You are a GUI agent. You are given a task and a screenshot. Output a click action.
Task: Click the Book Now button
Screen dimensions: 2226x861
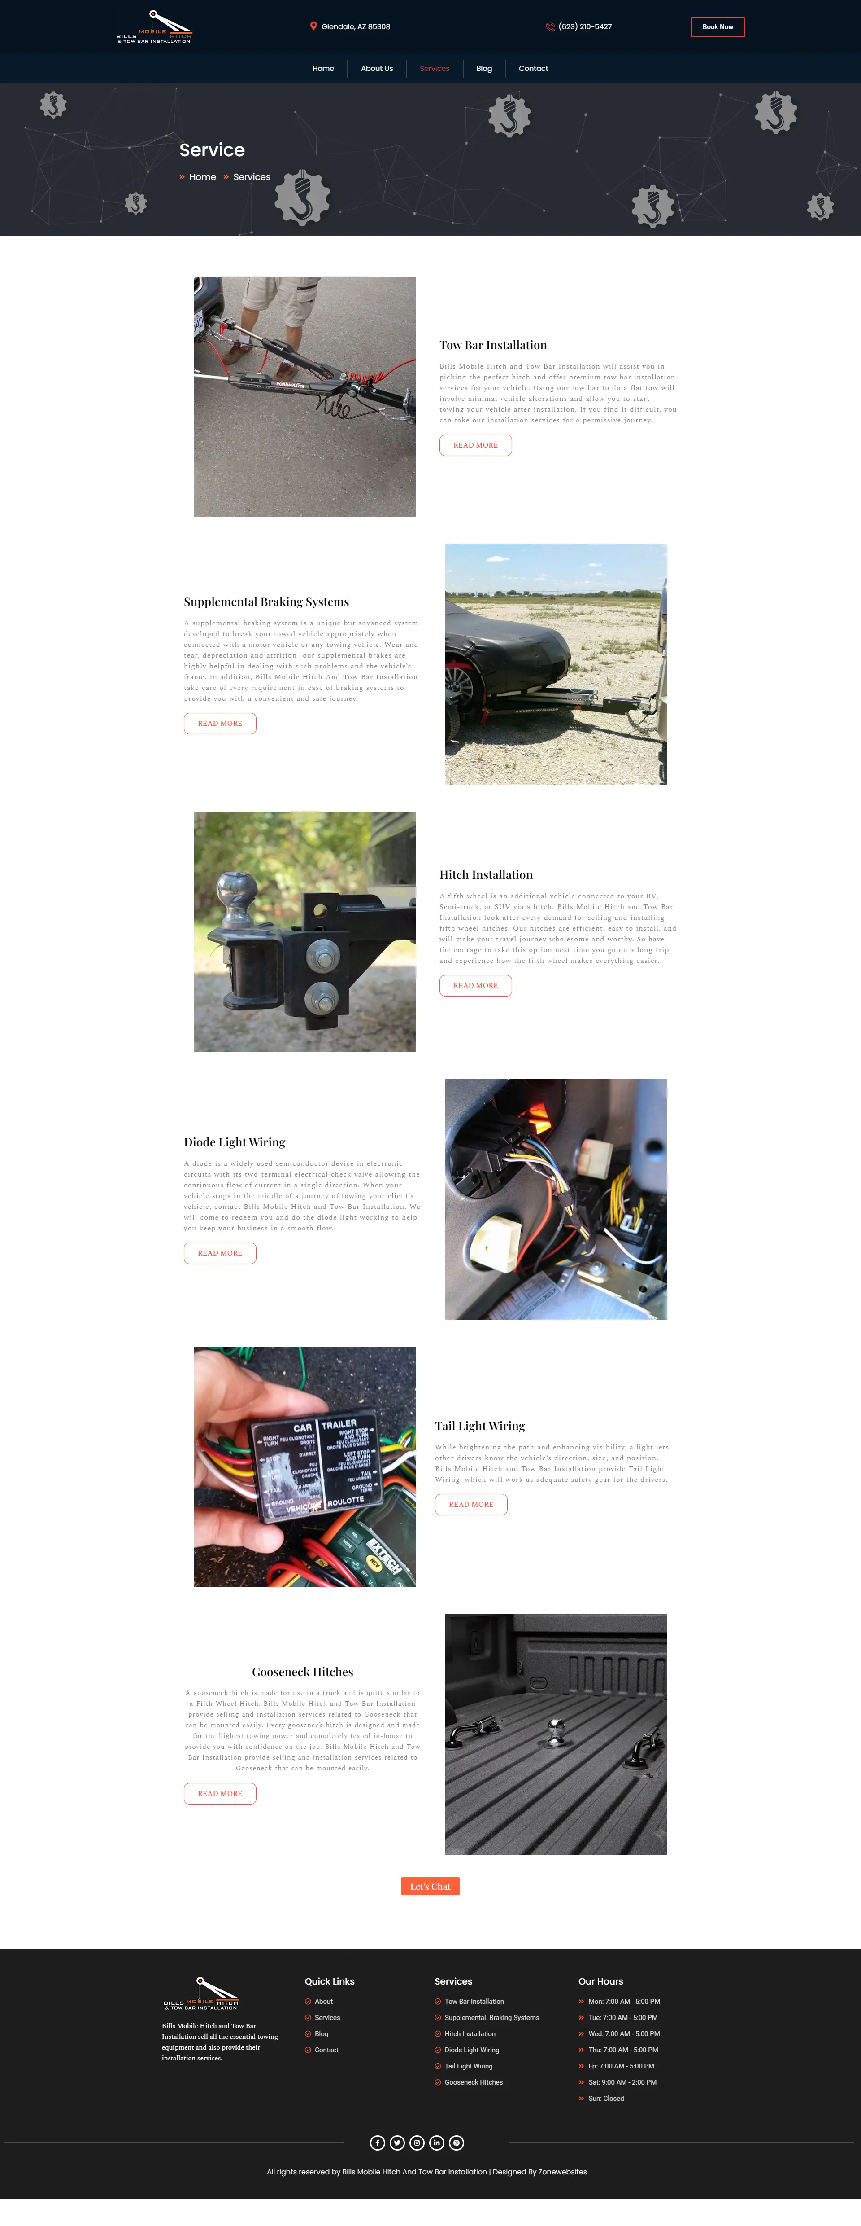[717, 27]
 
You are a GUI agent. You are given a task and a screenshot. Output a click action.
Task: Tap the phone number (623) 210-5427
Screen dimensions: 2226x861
[585, 27]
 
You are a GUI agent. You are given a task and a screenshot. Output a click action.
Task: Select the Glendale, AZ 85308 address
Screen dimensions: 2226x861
[355, 27]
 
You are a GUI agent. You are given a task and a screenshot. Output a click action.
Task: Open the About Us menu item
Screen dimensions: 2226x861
[377, 68]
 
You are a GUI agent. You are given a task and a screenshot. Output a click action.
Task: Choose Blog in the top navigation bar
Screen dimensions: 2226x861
[483, 68]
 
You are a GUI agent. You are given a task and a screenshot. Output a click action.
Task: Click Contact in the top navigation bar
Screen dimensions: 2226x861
[533, 68]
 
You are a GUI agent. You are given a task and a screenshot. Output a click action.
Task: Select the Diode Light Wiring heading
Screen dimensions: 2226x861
[234, 1142]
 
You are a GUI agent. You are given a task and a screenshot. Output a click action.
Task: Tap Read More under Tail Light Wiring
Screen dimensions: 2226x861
[471, 1505]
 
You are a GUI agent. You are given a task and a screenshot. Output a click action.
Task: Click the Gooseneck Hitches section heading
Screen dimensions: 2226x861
[302, 1672]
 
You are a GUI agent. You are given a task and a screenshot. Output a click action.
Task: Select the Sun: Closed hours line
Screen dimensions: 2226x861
[605, 2098]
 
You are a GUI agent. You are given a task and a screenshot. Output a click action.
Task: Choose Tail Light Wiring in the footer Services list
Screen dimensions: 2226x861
[468, 2066]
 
